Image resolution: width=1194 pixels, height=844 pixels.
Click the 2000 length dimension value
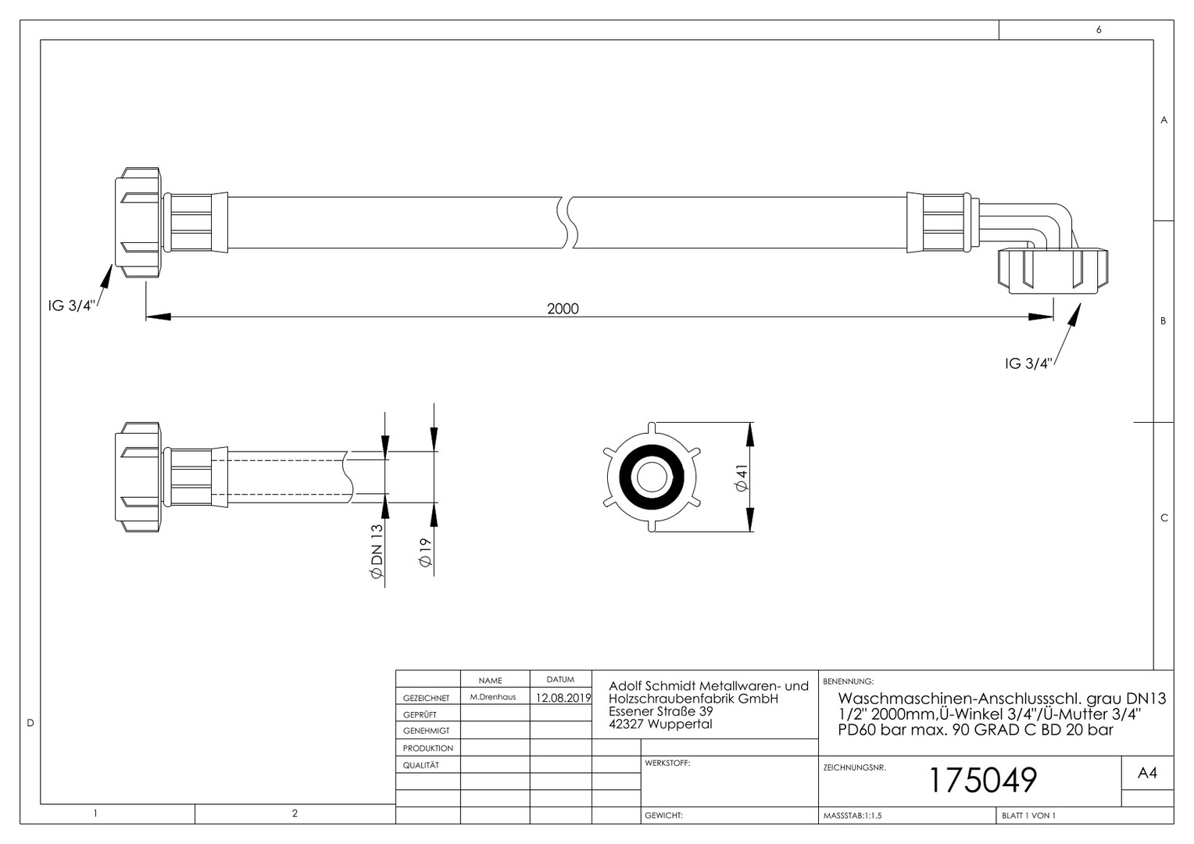coord(563,309)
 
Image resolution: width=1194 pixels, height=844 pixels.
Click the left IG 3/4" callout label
coord(71,306)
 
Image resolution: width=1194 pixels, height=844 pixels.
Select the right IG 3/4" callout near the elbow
coord(1029,363)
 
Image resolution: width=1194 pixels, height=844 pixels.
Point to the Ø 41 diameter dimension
coord(742,477)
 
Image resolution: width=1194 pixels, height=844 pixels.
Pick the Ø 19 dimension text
coord(425,553)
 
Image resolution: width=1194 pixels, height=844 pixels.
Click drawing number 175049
coord(983,780)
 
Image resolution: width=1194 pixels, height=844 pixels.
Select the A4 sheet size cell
coord(1147,773)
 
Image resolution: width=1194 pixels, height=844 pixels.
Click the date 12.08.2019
coord(563,698)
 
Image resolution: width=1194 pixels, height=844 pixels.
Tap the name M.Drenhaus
coord(493,697)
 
